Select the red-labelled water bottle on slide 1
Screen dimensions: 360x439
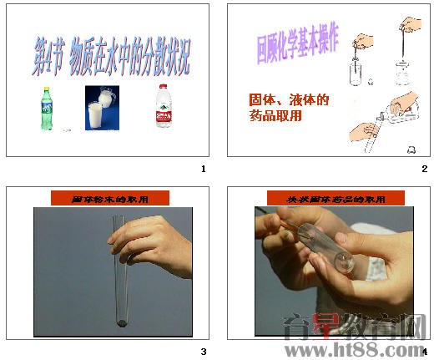coord(164,109)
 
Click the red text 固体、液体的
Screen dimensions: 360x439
coord(289,100)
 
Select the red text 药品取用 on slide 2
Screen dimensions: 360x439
coord(275,116)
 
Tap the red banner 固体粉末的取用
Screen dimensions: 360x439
coord(110,199)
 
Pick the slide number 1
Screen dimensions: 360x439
coord(203,169)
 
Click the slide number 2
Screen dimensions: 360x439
coord(424,169)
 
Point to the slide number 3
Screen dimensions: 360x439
coord(203,351)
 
